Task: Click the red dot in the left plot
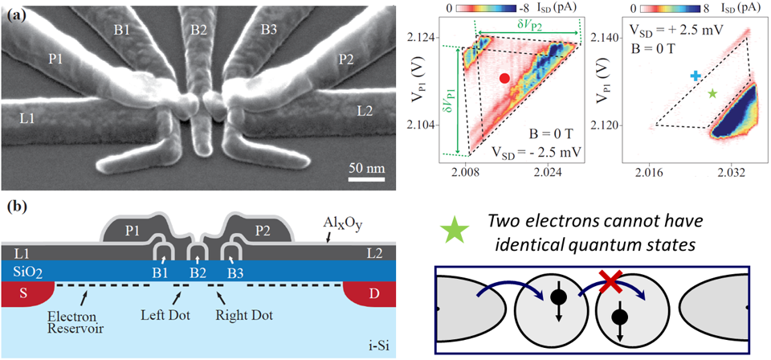click(504, 78)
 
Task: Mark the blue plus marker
click(696, 76)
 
